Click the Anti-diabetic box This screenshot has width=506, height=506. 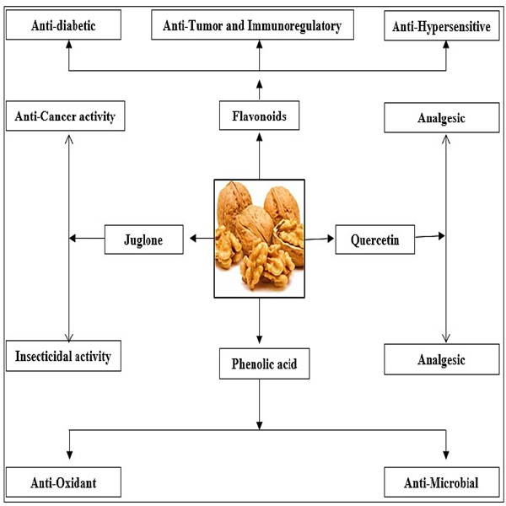[64, 26]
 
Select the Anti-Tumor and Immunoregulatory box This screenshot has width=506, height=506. [258, 26]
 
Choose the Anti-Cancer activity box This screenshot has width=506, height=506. [65, 116]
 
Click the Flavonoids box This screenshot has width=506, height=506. [259, 116]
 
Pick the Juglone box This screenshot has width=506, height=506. [144, 240]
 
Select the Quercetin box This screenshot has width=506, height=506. [375, 240]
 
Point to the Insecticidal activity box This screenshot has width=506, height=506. [64, 356]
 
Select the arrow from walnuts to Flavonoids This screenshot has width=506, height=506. [259, 160]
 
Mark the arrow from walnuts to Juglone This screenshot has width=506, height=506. [201, 240]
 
